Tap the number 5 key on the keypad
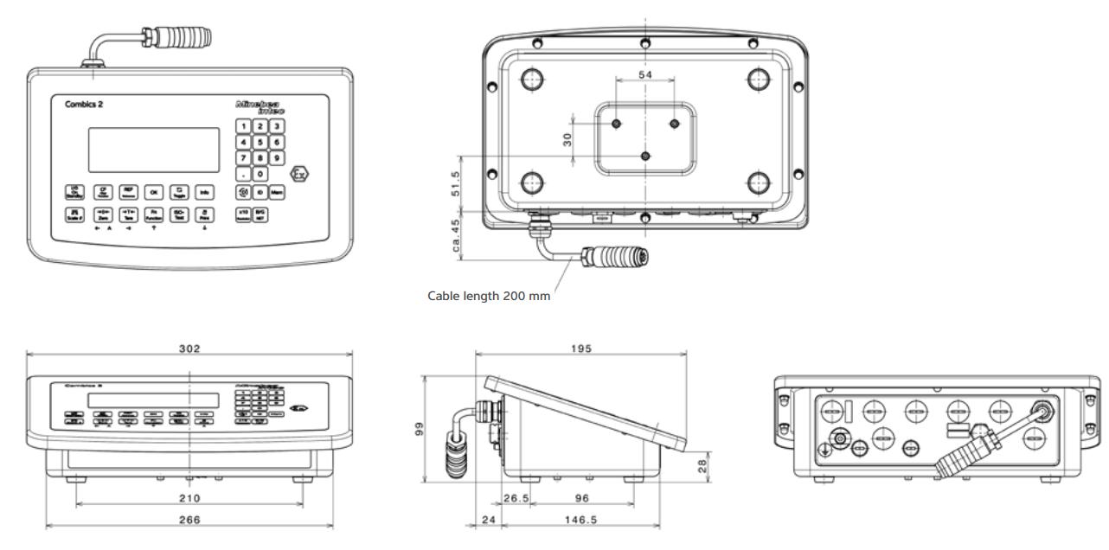pyautogui.click(x=260, y=142)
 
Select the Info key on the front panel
pyautogui.click(x=206, y=192)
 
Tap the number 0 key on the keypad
pyautogui.click(x=260, y=175)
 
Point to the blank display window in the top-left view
pyautogui.click(x=154, y=150)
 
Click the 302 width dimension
pyautogui.click(x=189, y=349)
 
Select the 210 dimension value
pyautogui.click(x=189, y=498)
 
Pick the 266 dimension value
pyautogui.click(x=189, y=520)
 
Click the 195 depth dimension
pyautogui.click(x=581, y=349)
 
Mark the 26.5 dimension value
pyautogui.click(x=517, y=498)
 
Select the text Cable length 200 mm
pyautogui.click(x=489, y=295)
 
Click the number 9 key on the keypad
pyautogui.click(x=277, y=158)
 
